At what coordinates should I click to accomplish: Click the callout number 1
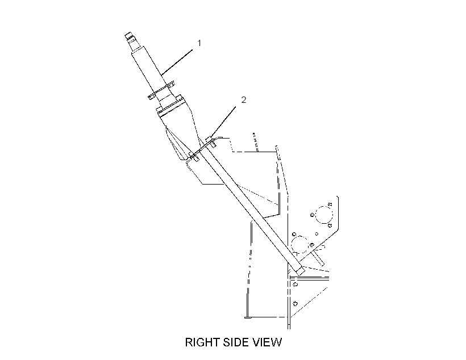pos(199,43)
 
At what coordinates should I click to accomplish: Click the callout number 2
pos(244,100)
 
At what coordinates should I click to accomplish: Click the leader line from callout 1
pos(177,62)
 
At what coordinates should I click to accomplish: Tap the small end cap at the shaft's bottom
pos(299,271)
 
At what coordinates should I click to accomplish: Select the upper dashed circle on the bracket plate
pos(324,215)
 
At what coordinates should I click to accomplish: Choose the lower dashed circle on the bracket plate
pos(299,245)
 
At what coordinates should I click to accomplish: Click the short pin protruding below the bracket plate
pos(319,259)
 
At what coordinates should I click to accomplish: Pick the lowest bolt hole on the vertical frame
pos(295,304)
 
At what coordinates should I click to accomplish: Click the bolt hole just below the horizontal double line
pos(295,284)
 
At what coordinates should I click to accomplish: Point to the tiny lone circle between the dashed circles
pos(317,234)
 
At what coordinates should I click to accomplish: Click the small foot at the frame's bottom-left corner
pos(248,317)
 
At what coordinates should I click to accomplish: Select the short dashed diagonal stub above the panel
pos(256,143)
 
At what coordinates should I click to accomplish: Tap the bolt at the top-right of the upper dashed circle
pos(330,204)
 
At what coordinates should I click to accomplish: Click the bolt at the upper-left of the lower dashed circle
pos(294,235)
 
